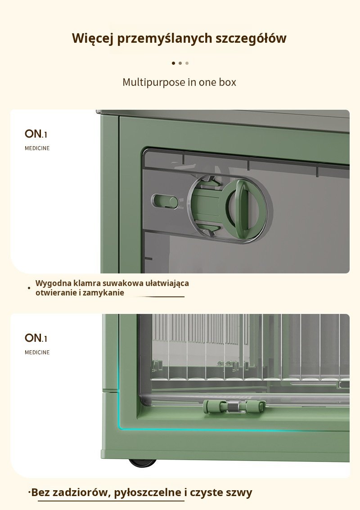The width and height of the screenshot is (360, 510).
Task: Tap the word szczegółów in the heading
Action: pyautogui.click(x=251, y=38)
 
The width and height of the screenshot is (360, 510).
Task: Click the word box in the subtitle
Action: pyautogui.click(x=228, y=82)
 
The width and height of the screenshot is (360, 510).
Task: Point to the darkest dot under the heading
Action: pyautogui.click(x=174, y=63)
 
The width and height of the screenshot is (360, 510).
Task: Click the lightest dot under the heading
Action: pyautogui.click(x=187, y=63)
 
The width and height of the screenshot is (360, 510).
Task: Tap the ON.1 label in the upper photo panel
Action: pyautogui.click(x=36, y=134)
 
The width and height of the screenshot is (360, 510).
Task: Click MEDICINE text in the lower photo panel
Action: pyautogui.click(x=37, y=352)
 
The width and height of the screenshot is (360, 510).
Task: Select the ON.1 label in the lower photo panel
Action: pyautogui.click(x=36, y=338)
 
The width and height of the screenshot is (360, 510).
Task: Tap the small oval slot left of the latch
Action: pyautogui.click(x=165, y=201)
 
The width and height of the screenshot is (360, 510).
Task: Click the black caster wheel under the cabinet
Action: pyautogui.click(x=142, y=462)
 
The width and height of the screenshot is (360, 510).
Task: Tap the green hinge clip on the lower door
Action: pyautogui.click(x=234, y=407)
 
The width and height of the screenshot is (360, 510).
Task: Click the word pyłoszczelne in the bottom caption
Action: pyautogui.click(x=148, y=492)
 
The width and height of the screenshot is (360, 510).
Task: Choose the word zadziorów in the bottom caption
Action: pyautogui.click(x=81, y=492)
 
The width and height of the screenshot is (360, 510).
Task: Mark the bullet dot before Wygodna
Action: pyautogui.click(x=29, y=288)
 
